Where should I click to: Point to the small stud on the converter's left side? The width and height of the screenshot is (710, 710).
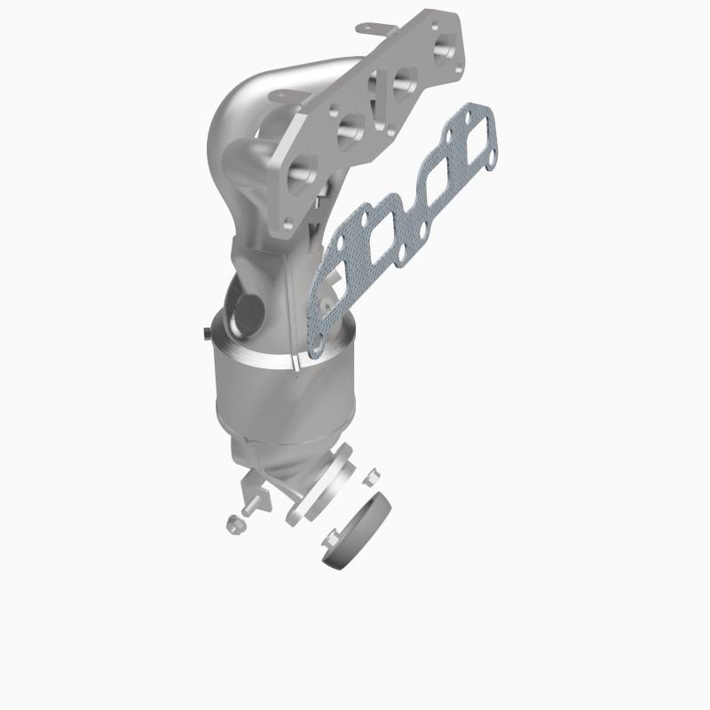(205, 334)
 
